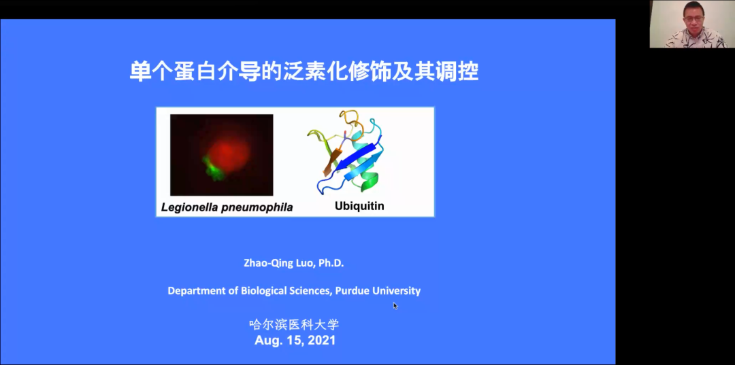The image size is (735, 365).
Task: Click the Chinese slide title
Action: [304, 72]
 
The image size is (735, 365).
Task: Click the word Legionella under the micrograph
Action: [184, 207]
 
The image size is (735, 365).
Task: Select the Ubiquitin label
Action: [359, 205]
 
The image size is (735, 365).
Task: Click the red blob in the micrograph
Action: [228, 152]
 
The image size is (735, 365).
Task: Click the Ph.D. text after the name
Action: [331, 263]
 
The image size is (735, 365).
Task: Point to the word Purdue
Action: [353, 291]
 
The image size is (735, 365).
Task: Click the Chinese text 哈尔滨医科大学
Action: [294, 324]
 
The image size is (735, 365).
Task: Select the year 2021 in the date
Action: [321, 341]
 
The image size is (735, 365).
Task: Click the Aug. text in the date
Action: [267, 341]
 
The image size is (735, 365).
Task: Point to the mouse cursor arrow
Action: [395, 306]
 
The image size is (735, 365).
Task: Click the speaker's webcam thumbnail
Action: [688, 24]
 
